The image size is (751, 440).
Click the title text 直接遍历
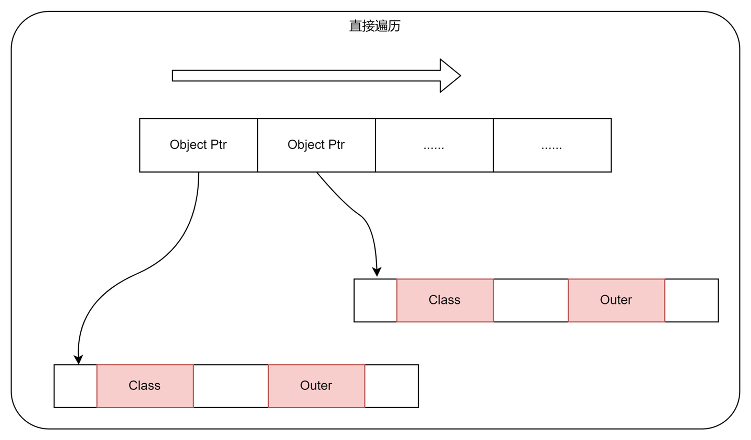tap(374, 26)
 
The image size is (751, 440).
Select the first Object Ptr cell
tap(198, 145)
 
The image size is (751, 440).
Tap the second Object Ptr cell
tap(316, 145)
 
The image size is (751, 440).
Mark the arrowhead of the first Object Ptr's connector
tap(78, 360)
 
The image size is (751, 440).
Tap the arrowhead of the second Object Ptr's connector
tap(377, 272)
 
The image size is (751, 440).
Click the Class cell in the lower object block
tap(145, 386)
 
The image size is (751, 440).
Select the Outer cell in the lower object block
tap(316, 386)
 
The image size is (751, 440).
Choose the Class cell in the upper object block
tap(444, 300)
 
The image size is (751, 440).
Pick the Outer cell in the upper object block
tap(616, 300)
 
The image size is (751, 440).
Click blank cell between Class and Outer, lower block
tap(231, 386)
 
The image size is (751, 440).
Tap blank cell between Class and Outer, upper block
tap(530, 300)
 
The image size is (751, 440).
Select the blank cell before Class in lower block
tap(76, 386)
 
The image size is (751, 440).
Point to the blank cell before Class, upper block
tap(375, 300)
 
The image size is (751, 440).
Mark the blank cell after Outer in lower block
tap(391, 386)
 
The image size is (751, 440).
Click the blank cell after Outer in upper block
tap(691, 300)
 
